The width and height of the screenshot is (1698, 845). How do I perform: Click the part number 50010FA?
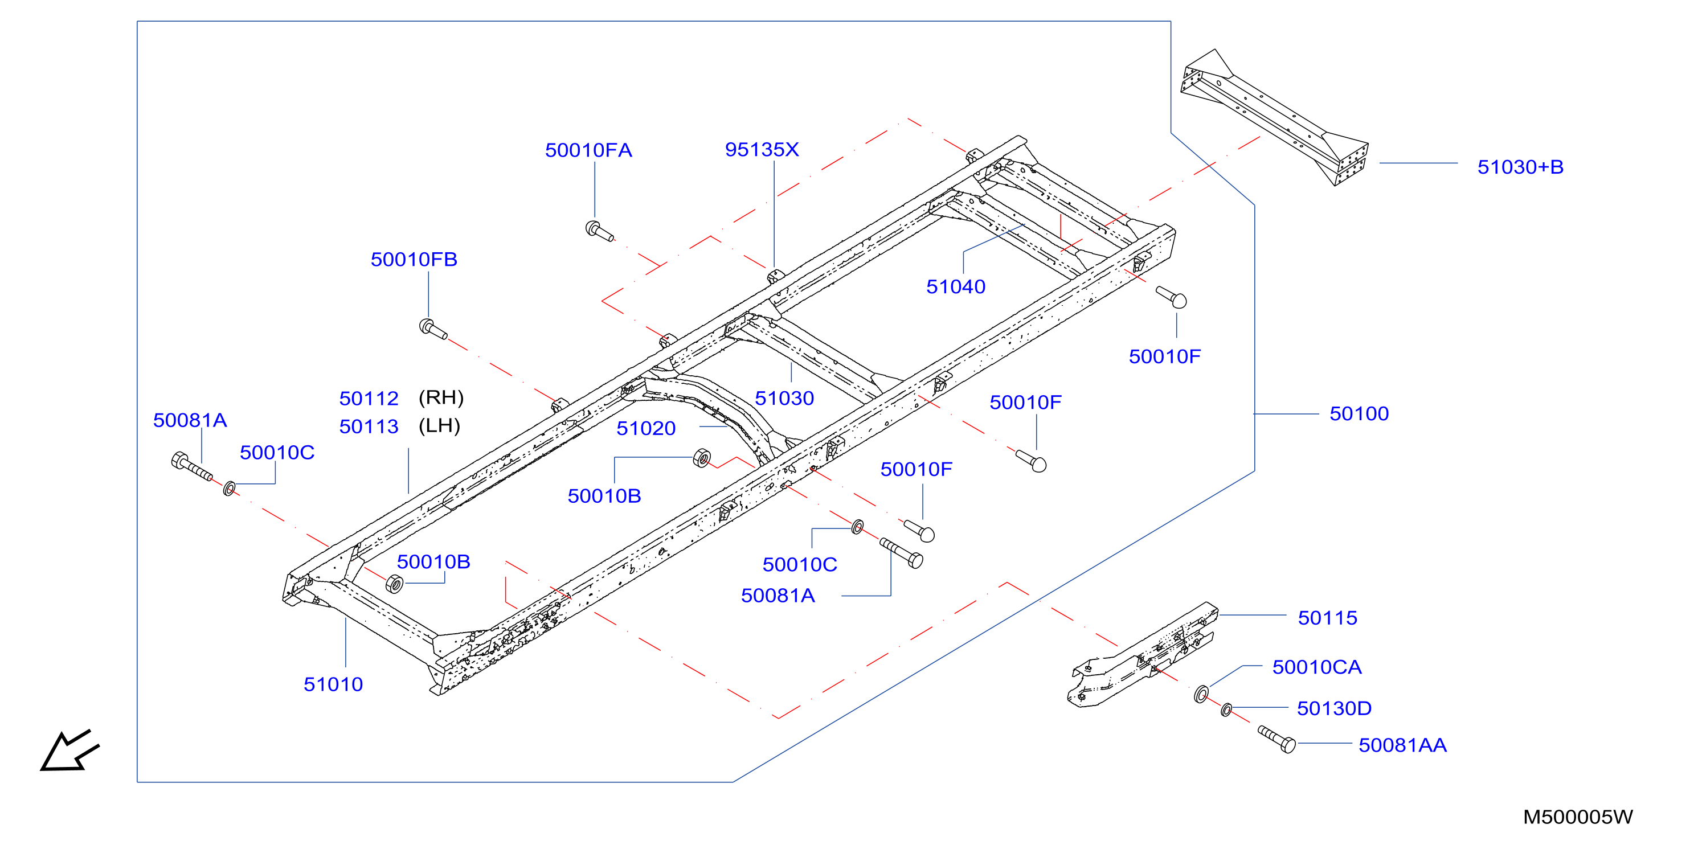pyautogui.click(x=588, y=150)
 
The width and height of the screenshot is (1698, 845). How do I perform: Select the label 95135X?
pyautogui.click(x=762, y=150)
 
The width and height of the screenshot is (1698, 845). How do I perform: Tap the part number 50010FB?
pyautogui.click(x=414, y=260)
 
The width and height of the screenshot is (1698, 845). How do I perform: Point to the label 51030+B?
pyautogui.click(x=1520, y=167)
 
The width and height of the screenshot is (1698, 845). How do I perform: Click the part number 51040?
pyautogui.click(x=956, y=287)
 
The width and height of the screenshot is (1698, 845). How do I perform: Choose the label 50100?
pyautogui.click(x=1359, y=414)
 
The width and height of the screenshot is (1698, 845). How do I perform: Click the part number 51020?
pyautogui.click(x=646, y=428)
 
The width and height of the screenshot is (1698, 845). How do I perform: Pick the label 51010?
pyautogui.click(x=333, y=684)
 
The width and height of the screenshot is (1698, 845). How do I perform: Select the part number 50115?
pyautogui.click(x=1328, y=618)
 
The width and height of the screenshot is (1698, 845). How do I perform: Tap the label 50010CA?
pyautogui.click(x=1317, y=667)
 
